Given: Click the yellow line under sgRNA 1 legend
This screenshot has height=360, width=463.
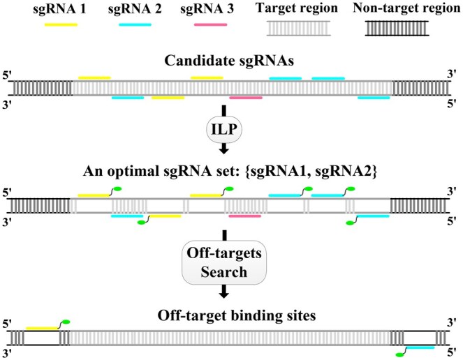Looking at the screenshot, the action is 61,25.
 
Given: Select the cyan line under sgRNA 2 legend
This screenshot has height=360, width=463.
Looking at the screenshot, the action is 135,25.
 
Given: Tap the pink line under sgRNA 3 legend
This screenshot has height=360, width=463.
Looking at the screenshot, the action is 210,25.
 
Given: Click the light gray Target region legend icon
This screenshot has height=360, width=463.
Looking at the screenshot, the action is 298,29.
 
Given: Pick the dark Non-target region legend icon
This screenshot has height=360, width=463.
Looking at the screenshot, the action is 397,29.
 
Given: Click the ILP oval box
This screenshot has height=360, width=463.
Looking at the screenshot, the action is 224,130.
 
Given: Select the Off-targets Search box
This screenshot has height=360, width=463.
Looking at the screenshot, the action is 224,262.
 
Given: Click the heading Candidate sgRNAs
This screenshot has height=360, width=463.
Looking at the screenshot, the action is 229,61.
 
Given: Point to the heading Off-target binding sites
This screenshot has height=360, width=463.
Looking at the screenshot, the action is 237,315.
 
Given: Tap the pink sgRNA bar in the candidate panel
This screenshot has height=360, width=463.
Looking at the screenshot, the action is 246,98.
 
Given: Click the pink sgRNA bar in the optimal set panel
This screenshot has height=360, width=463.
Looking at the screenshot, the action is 245,216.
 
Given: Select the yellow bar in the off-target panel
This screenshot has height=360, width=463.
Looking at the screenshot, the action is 42,328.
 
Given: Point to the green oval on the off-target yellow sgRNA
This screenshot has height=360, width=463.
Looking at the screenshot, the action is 66,322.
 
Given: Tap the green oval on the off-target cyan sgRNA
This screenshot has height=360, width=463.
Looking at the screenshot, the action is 400,354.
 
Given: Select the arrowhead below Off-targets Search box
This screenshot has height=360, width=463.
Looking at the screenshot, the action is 224,294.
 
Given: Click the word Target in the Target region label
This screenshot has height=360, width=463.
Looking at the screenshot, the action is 274,8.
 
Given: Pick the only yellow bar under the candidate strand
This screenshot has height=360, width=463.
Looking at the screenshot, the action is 168,98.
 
